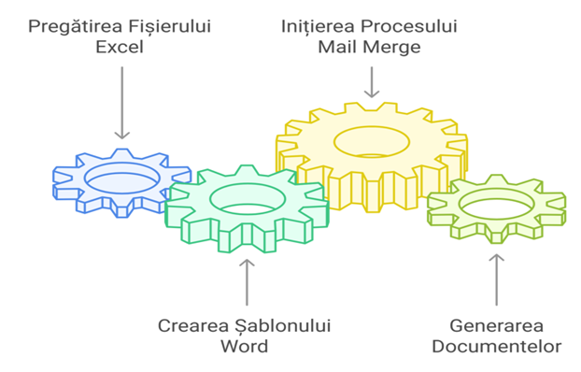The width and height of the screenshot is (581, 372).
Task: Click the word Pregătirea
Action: tap(76, 28)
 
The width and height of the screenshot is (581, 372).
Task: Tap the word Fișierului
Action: tap(170, 28)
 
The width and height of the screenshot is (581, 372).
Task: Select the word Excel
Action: tap(120, 47)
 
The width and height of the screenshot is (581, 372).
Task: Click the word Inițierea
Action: tap(319, 28)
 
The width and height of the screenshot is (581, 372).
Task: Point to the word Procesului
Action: tap(409, 27)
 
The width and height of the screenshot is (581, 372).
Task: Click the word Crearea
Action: tap(193, 326)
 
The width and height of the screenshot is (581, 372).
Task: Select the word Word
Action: tap(245, 346)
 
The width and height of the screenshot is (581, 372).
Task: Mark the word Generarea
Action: tap(497, 326)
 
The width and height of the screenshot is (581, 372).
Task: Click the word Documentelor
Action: tap(497, 347)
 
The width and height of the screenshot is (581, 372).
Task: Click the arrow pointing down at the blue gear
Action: tap(122, 103)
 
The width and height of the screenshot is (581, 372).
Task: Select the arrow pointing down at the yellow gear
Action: tap(372, 82)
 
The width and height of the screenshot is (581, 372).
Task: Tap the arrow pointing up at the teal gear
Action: tap(247, 282)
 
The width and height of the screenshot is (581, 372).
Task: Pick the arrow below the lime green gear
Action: tap(497, 279)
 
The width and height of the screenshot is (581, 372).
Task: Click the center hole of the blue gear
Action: tap(122, 179)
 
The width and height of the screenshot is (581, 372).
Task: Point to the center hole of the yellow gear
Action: tap(372, 142)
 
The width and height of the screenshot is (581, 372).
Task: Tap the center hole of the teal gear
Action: tap(248, 199)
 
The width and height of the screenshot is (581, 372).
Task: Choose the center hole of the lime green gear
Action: tap(497, 204)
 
